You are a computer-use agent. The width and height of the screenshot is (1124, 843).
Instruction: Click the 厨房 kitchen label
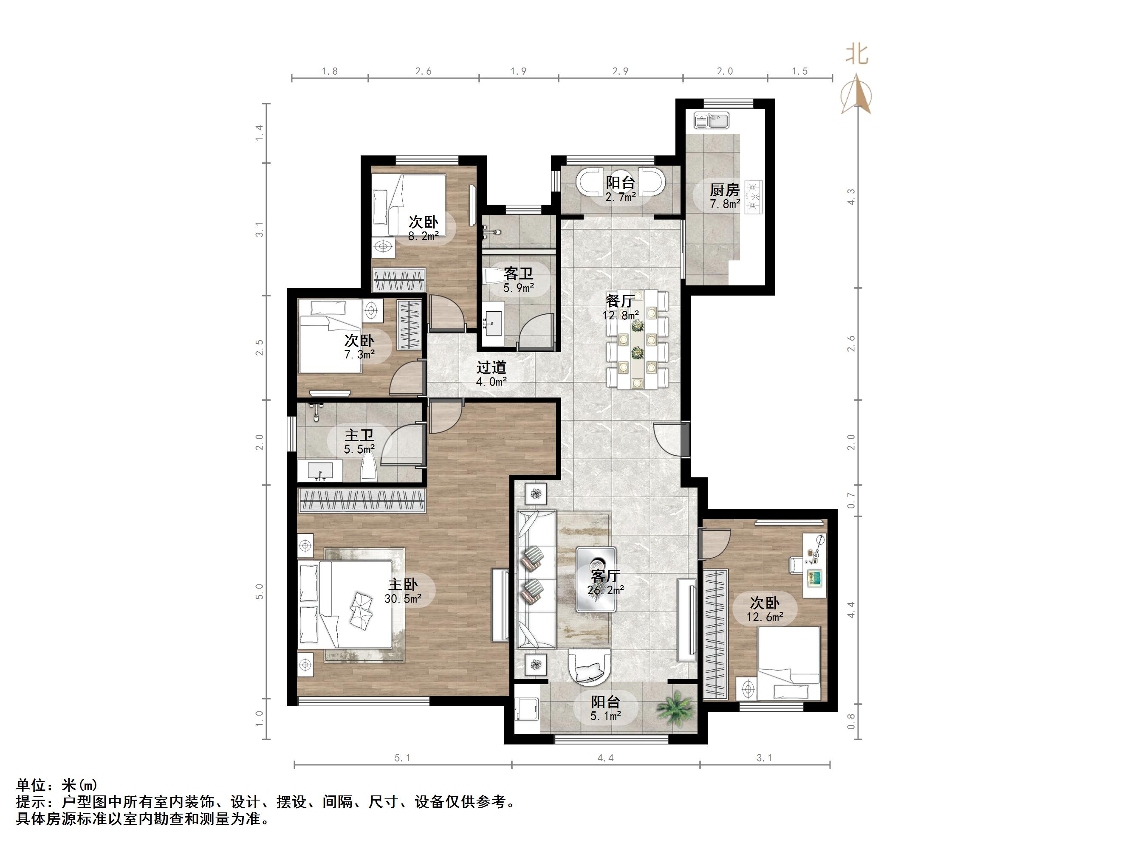[x=724, y=190]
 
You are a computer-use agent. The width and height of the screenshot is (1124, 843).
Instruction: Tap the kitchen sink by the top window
[x=712, y=121]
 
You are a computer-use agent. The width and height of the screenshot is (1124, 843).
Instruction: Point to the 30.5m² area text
[x=402, y=598]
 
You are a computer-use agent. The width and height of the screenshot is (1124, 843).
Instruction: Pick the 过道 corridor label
[x=491, y=367]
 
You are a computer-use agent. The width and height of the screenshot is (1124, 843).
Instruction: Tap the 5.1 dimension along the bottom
[x=402, y=758]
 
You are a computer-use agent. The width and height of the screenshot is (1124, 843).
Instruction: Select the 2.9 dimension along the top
[x=620, y=71]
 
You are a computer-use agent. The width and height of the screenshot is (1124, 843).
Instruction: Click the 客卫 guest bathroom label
[x=518, y=274]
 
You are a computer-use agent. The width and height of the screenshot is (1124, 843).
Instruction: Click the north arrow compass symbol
[x=857, y=94]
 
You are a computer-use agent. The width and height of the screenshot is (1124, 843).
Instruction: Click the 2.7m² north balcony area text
[x=620, y=197]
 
